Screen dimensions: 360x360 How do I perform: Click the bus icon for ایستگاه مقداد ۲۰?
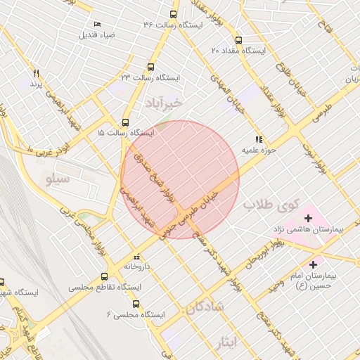coord(239,40)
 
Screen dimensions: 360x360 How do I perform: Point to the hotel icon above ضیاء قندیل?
coord(96,24)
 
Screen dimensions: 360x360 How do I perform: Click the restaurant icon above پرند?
coord(36,73)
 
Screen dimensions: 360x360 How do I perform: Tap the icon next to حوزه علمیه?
coord(259,139)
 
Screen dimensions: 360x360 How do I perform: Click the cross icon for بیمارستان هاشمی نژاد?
coord(308,219)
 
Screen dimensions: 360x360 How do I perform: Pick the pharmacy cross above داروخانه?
coord(137,257)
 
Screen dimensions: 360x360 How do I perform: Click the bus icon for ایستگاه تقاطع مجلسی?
coord(105,276)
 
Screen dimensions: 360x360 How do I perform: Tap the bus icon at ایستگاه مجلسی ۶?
coord(136,304)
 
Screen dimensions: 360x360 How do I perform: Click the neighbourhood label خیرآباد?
coord(164,103)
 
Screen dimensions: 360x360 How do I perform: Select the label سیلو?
coord(58,179)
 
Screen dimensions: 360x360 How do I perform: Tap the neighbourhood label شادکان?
coord(205,307)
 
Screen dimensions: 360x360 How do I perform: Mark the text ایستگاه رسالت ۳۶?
coord(174,25)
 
